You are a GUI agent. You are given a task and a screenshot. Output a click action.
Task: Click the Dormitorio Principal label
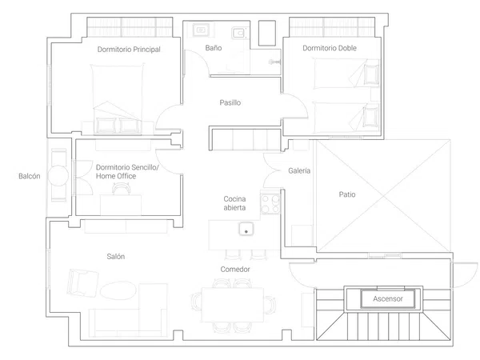point(129,50)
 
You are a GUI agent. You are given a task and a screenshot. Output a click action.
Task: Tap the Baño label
point(214,48)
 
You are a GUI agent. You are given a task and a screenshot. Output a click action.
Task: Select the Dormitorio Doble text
point(330,48)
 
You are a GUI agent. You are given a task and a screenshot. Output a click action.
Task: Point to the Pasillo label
point(230,102)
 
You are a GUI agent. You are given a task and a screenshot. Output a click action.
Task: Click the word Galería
point(299,170)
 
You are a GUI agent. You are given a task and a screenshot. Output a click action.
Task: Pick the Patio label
point(347,194)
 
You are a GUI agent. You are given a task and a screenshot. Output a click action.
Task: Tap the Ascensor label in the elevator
point(388,298)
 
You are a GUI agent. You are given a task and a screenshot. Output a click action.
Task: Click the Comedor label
point(235,270)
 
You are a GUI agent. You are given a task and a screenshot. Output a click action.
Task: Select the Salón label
point(116,257)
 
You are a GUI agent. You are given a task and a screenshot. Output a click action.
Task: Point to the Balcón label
point(30,176)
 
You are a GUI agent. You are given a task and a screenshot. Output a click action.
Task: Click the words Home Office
point(116,176)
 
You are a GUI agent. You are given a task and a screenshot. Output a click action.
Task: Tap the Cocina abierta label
point(234,203)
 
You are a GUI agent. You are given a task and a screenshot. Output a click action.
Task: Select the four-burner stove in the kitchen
point(270,204)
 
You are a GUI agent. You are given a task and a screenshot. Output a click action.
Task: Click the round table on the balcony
point(58,175)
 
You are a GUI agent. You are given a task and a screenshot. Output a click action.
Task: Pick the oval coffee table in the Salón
point(118,290)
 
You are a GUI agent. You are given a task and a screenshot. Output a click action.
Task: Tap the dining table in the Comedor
point(232,305)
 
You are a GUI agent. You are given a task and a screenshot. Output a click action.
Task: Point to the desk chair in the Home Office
point(122,189)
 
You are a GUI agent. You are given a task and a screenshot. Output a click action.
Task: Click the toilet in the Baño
point(238,33)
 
